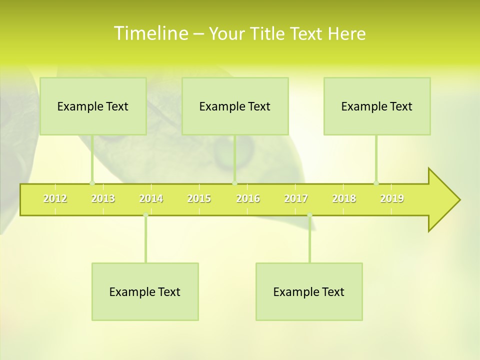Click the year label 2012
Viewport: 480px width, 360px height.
(55, 198)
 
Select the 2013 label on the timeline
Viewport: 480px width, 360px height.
(103, 198)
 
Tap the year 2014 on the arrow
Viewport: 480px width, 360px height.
(151, 198)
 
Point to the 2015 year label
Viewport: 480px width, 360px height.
(199, 198)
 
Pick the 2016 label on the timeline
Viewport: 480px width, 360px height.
(248, 198)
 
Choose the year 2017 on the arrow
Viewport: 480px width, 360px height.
(296, 198)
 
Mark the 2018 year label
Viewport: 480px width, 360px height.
(344, 198)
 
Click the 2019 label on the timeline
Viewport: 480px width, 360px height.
(392, 198)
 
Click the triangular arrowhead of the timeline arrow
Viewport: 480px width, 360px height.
(443, 200)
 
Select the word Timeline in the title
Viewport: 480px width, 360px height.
(150, 33)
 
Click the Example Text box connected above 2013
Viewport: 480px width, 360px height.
(93, 106)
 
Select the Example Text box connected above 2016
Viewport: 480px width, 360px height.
(235, 106)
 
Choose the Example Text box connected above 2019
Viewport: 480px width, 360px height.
(377, 106)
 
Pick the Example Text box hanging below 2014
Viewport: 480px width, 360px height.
(145, 291)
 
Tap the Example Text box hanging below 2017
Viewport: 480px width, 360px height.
(309, 291)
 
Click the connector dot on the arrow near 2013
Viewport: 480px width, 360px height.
(92, 183)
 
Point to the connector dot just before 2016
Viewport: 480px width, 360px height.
(234, 183)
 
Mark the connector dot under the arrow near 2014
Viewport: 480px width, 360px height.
(145, 215)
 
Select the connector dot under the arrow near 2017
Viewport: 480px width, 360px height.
(309, 215)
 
